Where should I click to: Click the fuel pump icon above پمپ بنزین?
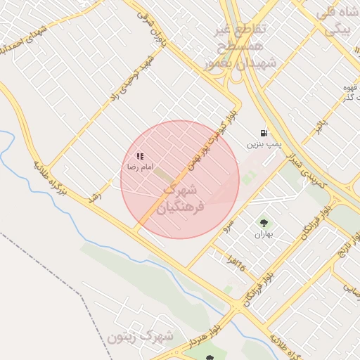264,132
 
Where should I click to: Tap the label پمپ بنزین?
264,144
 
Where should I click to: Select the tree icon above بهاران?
264,223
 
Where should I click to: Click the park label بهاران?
263,234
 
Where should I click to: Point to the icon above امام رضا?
140,156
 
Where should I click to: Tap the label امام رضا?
139,167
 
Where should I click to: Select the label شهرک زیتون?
141,337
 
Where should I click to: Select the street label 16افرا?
237,264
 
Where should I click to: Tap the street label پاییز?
321,127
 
